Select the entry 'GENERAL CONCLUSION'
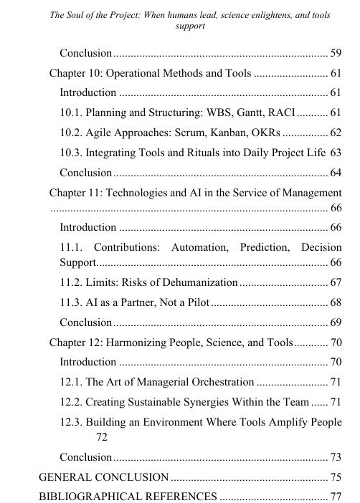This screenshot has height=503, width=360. click(103, 476)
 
